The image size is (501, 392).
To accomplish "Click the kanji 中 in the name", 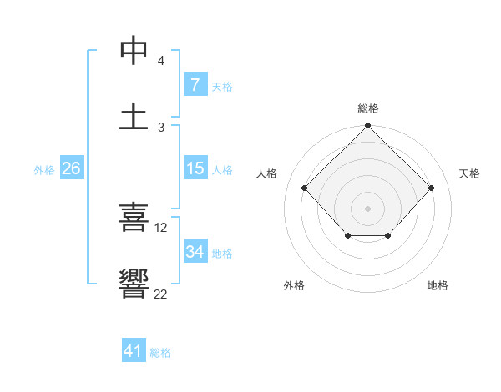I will click(x=134, y=51).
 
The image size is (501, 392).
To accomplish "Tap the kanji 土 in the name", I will click(x=134, y=115).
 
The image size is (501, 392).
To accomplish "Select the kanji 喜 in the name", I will click(x=134, y=219).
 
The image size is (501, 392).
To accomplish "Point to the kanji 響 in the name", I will click(x=134, y=284).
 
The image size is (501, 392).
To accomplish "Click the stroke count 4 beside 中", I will click(x=160, y=61).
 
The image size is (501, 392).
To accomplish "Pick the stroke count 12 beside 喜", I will click(x=161, y=227).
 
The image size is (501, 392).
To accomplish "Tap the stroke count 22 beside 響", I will click(x=161, y=293).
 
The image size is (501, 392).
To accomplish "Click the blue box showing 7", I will click(x=195, y=85).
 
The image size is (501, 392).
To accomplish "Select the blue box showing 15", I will click(x=195, y=168).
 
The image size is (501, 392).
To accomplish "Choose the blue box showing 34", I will click(x=195, y=252).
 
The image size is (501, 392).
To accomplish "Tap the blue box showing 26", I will click(x=72, y=168).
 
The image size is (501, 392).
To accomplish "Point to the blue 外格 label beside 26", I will click(x=44, y=169).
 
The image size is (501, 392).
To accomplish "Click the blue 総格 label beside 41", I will click(x=160, y=353).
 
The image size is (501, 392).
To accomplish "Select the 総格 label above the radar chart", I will click(x=367, y=108).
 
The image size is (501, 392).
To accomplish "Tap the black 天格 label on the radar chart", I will click(x=469, y=173).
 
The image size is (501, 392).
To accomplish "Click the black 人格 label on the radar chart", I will click(x=267, y=173).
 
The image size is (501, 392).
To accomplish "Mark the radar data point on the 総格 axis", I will click(x=367, y=127).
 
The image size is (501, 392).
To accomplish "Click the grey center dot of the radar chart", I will click(x=367, y=207).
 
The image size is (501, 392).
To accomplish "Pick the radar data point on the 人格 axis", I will click(x=304, y=188).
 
